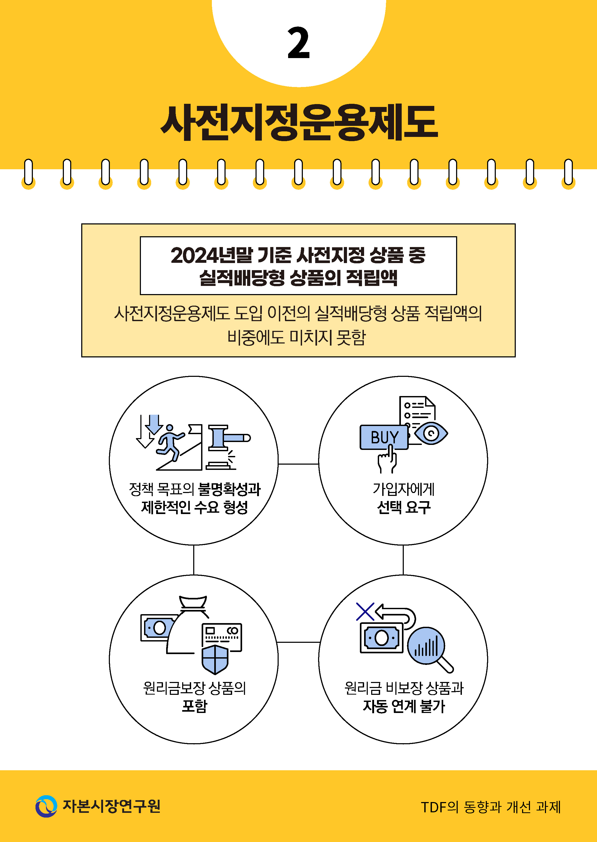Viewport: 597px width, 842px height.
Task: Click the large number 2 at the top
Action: click(299, 43)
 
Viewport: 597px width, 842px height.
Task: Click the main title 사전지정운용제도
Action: click(299, 122)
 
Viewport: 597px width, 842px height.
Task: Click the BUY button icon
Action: click(384, 437)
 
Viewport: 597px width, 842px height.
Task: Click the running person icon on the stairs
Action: click(170, 441)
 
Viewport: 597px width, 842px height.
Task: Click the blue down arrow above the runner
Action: click(154, 424)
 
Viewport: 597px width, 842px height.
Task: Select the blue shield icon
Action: click(215, 659)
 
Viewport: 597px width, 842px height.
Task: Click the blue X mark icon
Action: click(365, 612)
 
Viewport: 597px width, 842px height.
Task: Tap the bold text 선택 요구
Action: click(403, 507)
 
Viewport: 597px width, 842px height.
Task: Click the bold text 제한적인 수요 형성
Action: click(195, 507)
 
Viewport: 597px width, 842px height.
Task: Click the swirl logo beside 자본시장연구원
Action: click(46, 806)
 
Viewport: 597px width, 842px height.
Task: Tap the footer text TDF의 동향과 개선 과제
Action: click(490, 807)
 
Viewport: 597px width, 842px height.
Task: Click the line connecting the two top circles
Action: click(298, 464)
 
